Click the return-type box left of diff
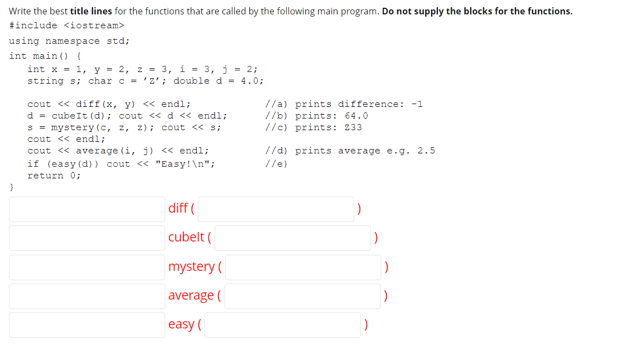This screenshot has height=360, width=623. [86, 209]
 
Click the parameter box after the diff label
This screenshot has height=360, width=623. [276, 209]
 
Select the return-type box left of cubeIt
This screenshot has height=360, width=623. [86, 238]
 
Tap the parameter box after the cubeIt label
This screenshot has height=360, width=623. [293, 238]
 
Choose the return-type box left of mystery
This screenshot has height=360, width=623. [86, 267]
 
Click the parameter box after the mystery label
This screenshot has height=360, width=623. [303, 267]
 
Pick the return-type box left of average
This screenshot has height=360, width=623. [86, 296]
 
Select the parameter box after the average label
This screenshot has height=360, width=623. [303, 296]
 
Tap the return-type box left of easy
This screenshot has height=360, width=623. [86, 325]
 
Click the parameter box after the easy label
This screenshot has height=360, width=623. [283, 325]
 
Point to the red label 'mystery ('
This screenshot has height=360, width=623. [195, 266]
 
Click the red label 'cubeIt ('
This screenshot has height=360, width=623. [190, 237]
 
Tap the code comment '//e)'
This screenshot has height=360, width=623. [277, 164]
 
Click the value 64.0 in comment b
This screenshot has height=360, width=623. [356, 116]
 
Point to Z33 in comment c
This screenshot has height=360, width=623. [353, 127]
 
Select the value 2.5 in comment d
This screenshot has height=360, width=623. [426, 151]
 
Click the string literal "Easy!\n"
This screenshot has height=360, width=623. [186, 164]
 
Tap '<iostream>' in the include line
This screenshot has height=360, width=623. [94, 25]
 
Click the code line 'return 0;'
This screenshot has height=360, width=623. [54, 176]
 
